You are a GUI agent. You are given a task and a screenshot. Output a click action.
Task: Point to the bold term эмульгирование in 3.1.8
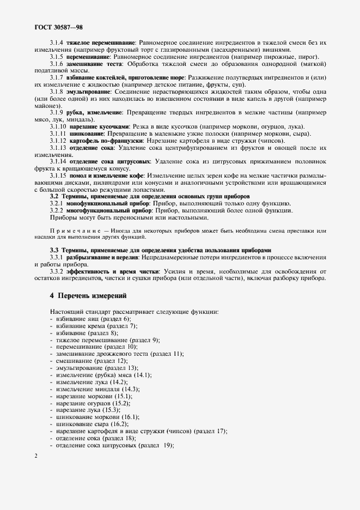click(x=91, y=92)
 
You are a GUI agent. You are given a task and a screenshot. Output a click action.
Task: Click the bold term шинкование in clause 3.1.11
click(x=87, y=133)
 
